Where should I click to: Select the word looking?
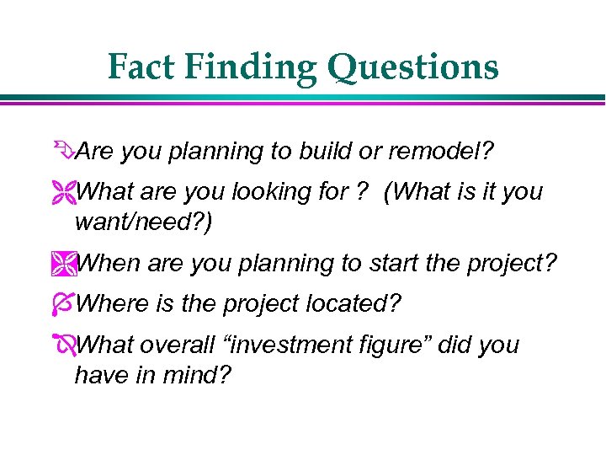pos(278,193)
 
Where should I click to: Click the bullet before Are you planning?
pos(66,153)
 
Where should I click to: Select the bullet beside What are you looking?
pos(66,193)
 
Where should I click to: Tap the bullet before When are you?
pos(66,264)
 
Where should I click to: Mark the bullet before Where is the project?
pos(66,304)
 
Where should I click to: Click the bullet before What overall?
pos(66,345)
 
